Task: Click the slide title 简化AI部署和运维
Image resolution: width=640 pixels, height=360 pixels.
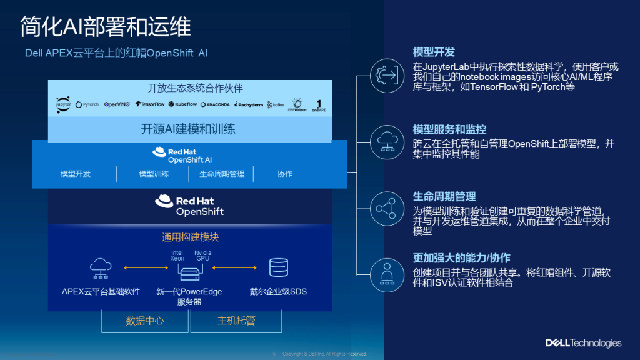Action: [105, 26]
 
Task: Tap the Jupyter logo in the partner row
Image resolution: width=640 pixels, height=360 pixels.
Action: [63, 104]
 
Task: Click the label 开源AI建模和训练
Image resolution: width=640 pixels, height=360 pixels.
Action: [187, 129]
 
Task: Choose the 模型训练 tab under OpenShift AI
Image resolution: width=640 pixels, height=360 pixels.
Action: [154, 174]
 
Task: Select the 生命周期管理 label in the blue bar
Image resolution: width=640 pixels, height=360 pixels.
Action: [222, 174]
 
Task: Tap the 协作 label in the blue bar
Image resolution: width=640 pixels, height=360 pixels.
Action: [284, 174]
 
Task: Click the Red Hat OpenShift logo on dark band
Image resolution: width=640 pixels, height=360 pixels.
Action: [189, 206]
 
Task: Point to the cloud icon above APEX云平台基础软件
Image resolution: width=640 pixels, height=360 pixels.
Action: [100, 267]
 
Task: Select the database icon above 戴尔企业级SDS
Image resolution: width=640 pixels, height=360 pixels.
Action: [278, 267]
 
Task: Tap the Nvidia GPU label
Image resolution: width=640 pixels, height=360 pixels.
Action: [202, 256]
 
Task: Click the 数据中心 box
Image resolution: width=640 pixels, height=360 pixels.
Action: [144, 321]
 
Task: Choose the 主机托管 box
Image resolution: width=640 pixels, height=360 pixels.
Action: [236, 321]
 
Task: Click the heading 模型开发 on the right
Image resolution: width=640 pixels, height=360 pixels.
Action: [434, 52]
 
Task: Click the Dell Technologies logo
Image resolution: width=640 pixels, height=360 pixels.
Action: [583, 342]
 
